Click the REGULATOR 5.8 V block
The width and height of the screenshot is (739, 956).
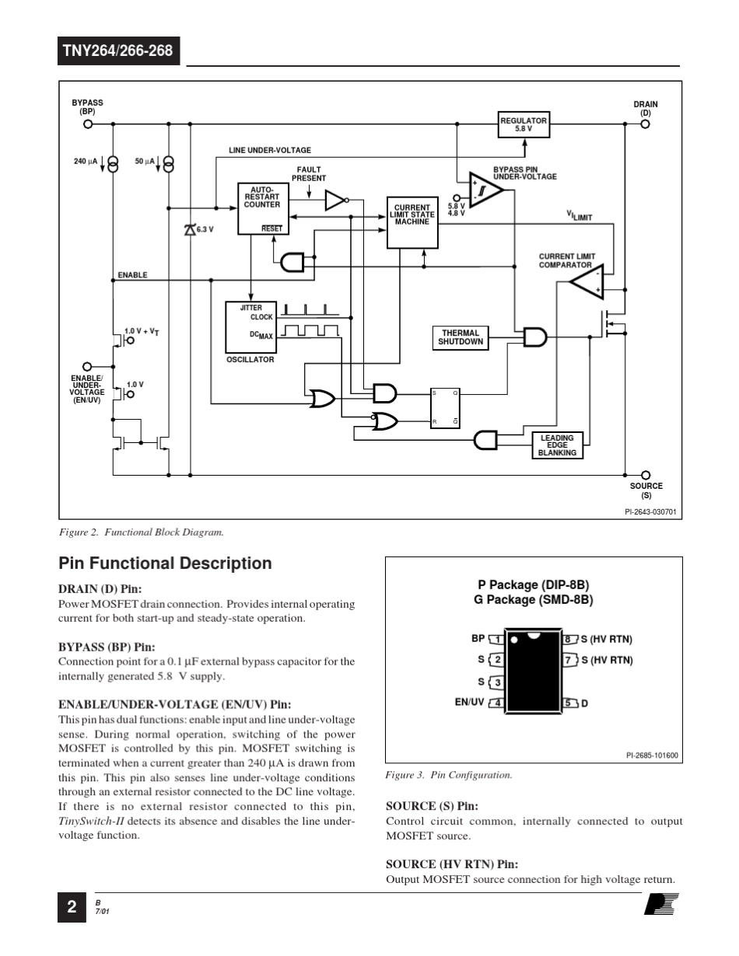pyautogui.click(x=524, y=125)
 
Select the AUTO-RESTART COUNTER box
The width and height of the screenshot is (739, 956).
pyautogui.click(x=261, y=208)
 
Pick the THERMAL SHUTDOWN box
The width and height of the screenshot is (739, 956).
pyautogui.click(x=461, y=337)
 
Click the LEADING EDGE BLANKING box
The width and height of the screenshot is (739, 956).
pyautogui.click(x=557, y=445)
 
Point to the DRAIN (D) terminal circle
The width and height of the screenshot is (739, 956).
pyautogui.click(x=645, y=124)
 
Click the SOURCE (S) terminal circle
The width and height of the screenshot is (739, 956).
pyautogui.click(x=645, y=475)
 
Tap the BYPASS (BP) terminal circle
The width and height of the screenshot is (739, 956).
pyautogui.click(x=88, y=124)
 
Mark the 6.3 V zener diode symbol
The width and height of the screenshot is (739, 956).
pyautogui.click(x=189, y=229)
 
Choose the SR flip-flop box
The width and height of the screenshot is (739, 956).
pyautogui.click(x=446, y=408)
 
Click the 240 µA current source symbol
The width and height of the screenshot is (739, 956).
pyautogui.click(x=114, y=163)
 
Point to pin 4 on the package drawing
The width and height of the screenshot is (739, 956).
pyautogui.click(x=497, y=703)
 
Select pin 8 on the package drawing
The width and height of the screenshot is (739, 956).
pyautogui.click(x=569, y=640)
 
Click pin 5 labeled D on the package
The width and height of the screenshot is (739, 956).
pyautogui.click(x=569, y=703)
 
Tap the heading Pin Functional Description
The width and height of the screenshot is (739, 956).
pyautogui.click(x=165, y=563)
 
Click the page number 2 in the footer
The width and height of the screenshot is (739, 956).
pyautogui.click(x=71, y=907)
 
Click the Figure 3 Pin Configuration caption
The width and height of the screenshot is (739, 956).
pyautogui.click(x=449, y=775)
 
